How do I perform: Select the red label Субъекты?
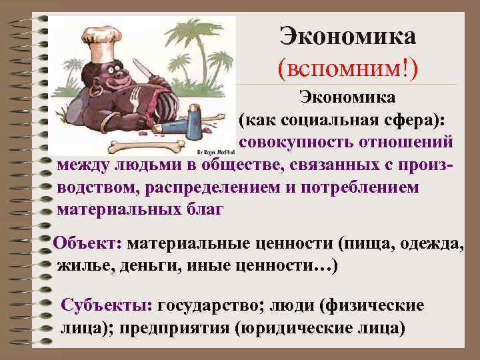[x=107, y=305]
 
